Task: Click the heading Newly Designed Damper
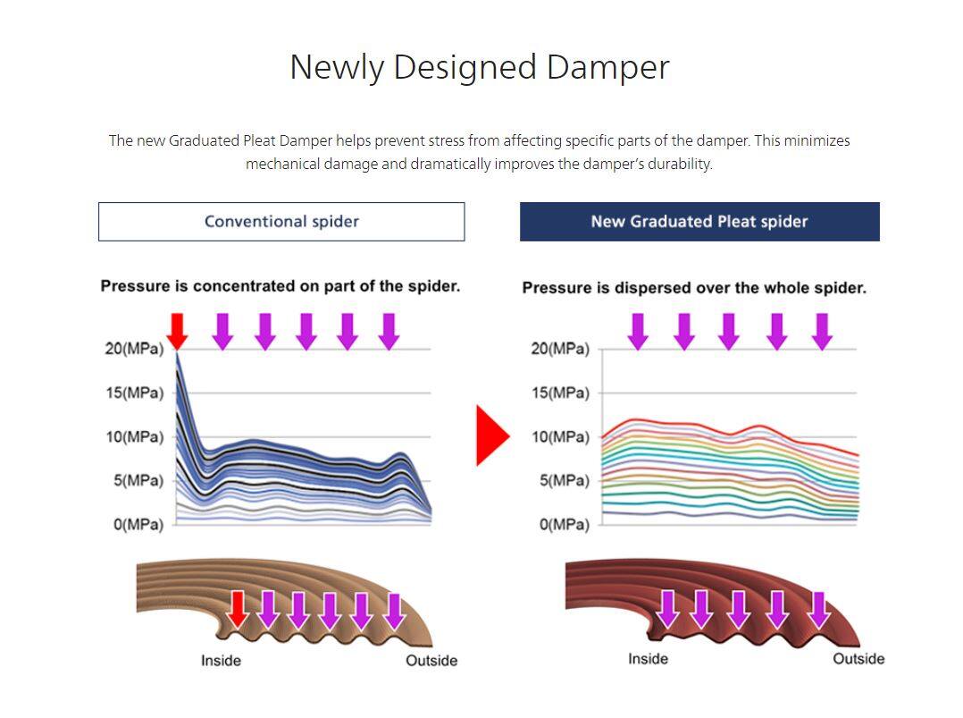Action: coord(479,67)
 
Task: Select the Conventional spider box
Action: coord(281,222)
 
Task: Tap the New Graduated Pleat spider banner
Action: coord(699,222)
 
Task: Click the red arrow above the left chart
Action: coord(177,332)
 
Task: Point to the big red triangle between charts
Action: coord(492,435)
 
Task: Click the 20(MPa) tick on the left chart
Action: coord(135,349)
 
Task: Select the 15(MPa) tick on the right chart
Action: coord(560,393)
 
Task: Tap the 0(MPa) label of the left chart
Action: coord(138,524)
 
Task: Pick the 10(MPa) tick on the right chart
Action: coord(560,437)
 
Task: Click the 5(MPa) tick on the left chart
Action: coord(138,480)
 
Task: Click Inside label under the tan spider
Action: coord(222,661)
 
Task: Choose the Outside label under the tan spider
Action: coord(431,661)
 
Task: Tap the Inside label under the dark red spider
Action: coord(648,659)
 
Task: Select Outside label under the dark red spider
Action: coord(858,659)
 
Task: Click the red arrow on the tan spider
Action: coord(237,610)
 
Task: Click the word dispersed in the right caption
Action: coord(643,288)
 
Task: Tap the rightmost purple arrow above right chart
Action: coord(823,332)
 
